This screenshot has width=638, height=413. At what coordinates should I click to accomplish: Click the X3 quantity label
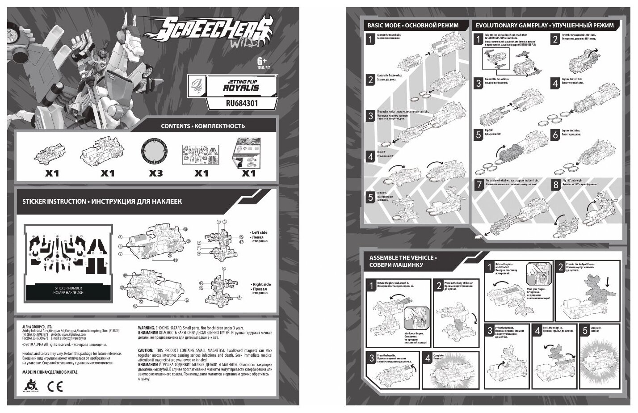(x=155, y=173)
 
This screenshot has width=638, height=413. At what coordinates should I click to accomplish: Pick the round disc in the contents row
(x=155, y=152)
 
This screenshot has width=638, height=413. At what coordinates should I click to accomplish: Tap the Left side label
(x=260, y=233)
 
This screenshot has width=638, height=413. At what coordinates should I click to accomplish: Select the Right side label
(x=261, y=284)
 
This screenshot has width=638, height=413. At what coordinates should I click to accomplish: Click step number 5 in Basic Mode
(x=370, y=197)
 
